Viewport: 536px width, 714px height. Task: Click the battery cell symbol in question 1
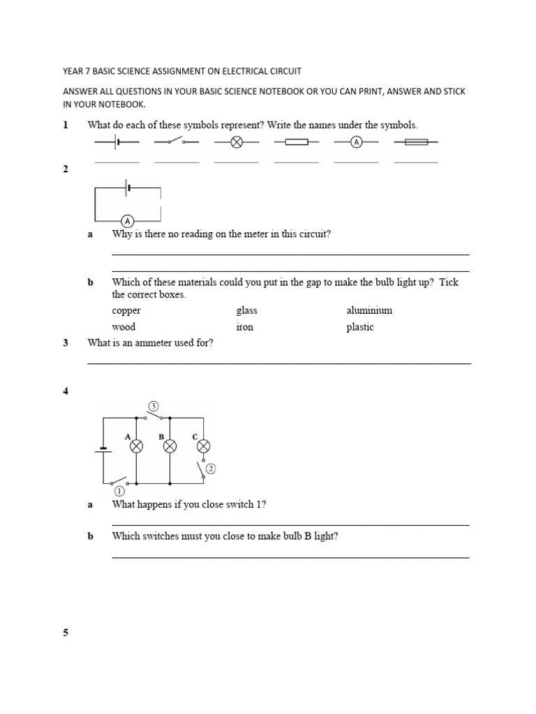pyautogui.click(x=117, y=142)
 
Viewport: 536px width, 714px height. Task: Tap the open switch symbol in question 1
pyautogui.click(x=177, y=142)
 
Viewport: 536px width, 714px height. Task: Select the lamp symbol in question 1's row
pyautogui.click(x=237, y=142)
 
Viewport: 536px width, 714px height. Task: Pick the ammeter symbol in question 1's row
pyautogui.click(x=356, y=142)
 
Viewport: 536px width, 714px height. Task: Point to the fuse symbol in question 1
pyautogui.click(x=416, y=142)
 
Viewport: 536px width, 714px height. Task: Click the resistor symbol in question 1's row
pyautogui.click(x=297, y=142)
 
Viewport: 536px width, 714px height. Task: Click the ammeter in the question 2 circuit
pyautogui.click(x=128, y=221)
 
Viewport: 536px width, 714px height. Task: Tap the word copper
pyautogui.click(x=126, y=310)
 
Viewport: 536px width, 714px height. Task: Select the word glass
pyautogui.click(x=247, y=310)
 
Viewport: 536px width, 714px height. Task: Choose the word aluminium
pyautogui.click(x=369, y=310)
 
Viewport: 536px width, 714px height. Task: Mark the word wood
pyautogui.click(x=124, y=327)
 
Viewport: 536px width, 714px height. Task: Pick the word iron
pyautogui.click(x=245, y=327)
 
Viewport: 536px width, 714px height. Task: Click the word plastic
pyautogui.click(x=360, y=327)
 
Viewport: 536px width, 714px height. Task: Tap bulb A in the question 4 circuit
pyautogui.click(x=137, y=446)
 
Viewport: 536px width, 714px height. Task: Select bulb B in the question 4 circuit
pyautogui.click(x=170, y=446)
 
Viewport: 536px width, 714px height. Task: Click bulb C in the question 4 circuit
pyautogui.click(x=204, y=446)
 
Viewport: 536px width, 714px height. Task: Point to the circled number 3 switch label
pyautogui.click(x=154, y=406)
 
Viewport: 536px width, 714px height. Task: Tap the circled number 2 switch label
pyautogui.click(x=211, y=469)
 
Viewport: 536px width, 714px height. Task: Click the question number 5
pyautogui.click(x=66, y=633)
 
